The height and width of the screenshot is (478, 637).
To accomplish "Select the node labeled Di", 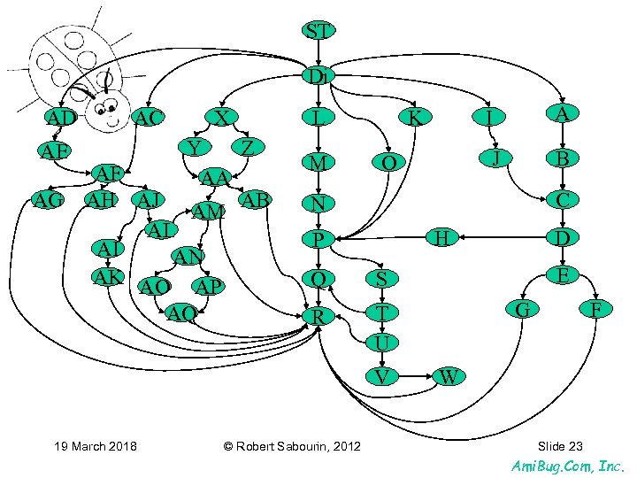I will [318, 77].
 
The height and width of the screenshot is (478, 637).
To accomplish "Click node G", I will [522, 309].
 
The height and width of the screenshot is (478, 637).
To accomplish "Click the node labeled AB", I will [256, 200].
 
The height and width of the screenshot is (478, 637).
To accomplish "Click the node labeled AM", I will [208, 212].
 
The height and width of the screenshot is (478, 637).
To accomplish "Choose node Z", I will [249, 146].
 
